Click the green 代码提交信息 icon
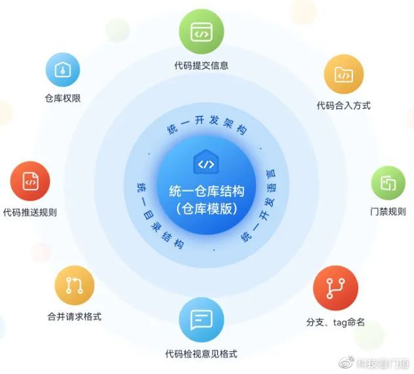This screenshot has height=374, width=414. click(201, 31)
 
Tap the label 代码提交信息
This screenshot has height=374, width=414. click(201, 66)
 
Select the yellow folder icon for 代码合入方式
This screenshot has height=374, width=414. click(343, 75)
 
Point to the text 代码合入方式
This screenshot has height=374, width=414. click(343, 106)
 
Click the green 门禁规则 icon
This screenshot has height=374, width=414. click(388, 182)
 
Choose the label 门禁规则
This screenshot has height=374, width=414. click(388, 212)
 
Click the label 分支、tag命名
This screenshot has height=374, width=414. click(335, 322)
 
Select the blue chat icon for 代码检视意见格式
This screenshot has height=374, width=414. click(201, 320)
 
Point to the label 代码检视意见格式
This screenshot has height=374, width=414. click(201, 354)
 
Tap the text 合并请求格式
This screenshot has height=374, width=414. click(74, 316)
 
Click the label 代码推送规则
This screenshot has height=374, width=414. click(30, 212)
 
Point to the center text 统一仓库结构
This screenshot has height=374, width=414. click(206, 192)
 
